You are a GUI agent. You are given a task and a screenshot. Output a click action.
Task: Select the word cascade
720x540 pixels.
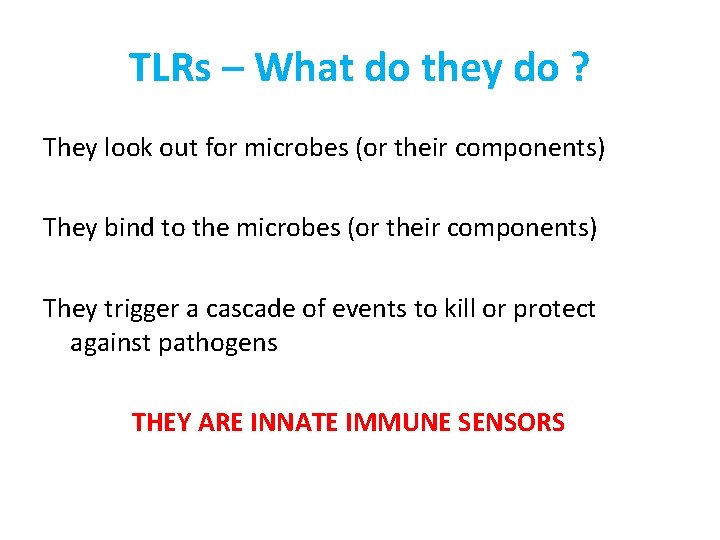coord(246,309)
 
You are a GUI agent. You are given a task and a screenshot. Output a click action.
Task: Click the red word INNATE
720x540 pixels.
coord(290,423)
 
